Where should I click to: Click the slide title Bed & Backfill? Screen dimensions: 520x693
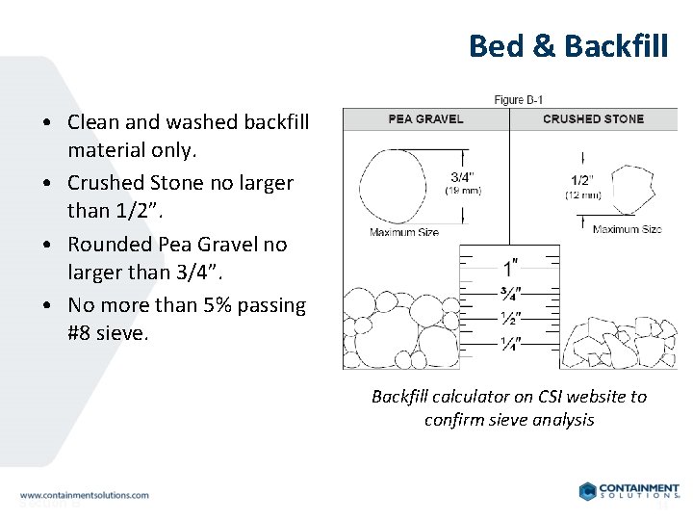point(568,45)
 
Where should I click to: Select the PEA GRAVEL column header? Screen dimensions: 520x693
point(425,119)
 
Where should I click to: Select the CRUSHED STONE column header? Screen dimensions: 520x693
point(593,119)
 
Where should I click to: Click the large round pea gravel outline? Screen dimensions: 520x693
point(391,185)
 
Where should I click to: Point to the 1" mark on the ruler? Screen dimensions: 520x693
point(507,266)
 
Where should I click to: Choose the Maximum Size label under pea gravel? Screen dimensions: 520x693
point(403,232)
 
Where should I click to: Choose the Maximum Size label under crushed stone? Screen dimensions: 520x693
point(627,229)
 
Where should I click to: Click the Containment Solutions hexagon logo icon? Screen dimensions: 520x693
point(587,491)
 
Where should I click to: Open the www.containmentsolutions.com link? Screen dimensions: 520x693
point(85,495)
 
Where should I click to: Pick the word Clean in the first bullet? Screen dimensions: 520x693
point(92,122)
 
